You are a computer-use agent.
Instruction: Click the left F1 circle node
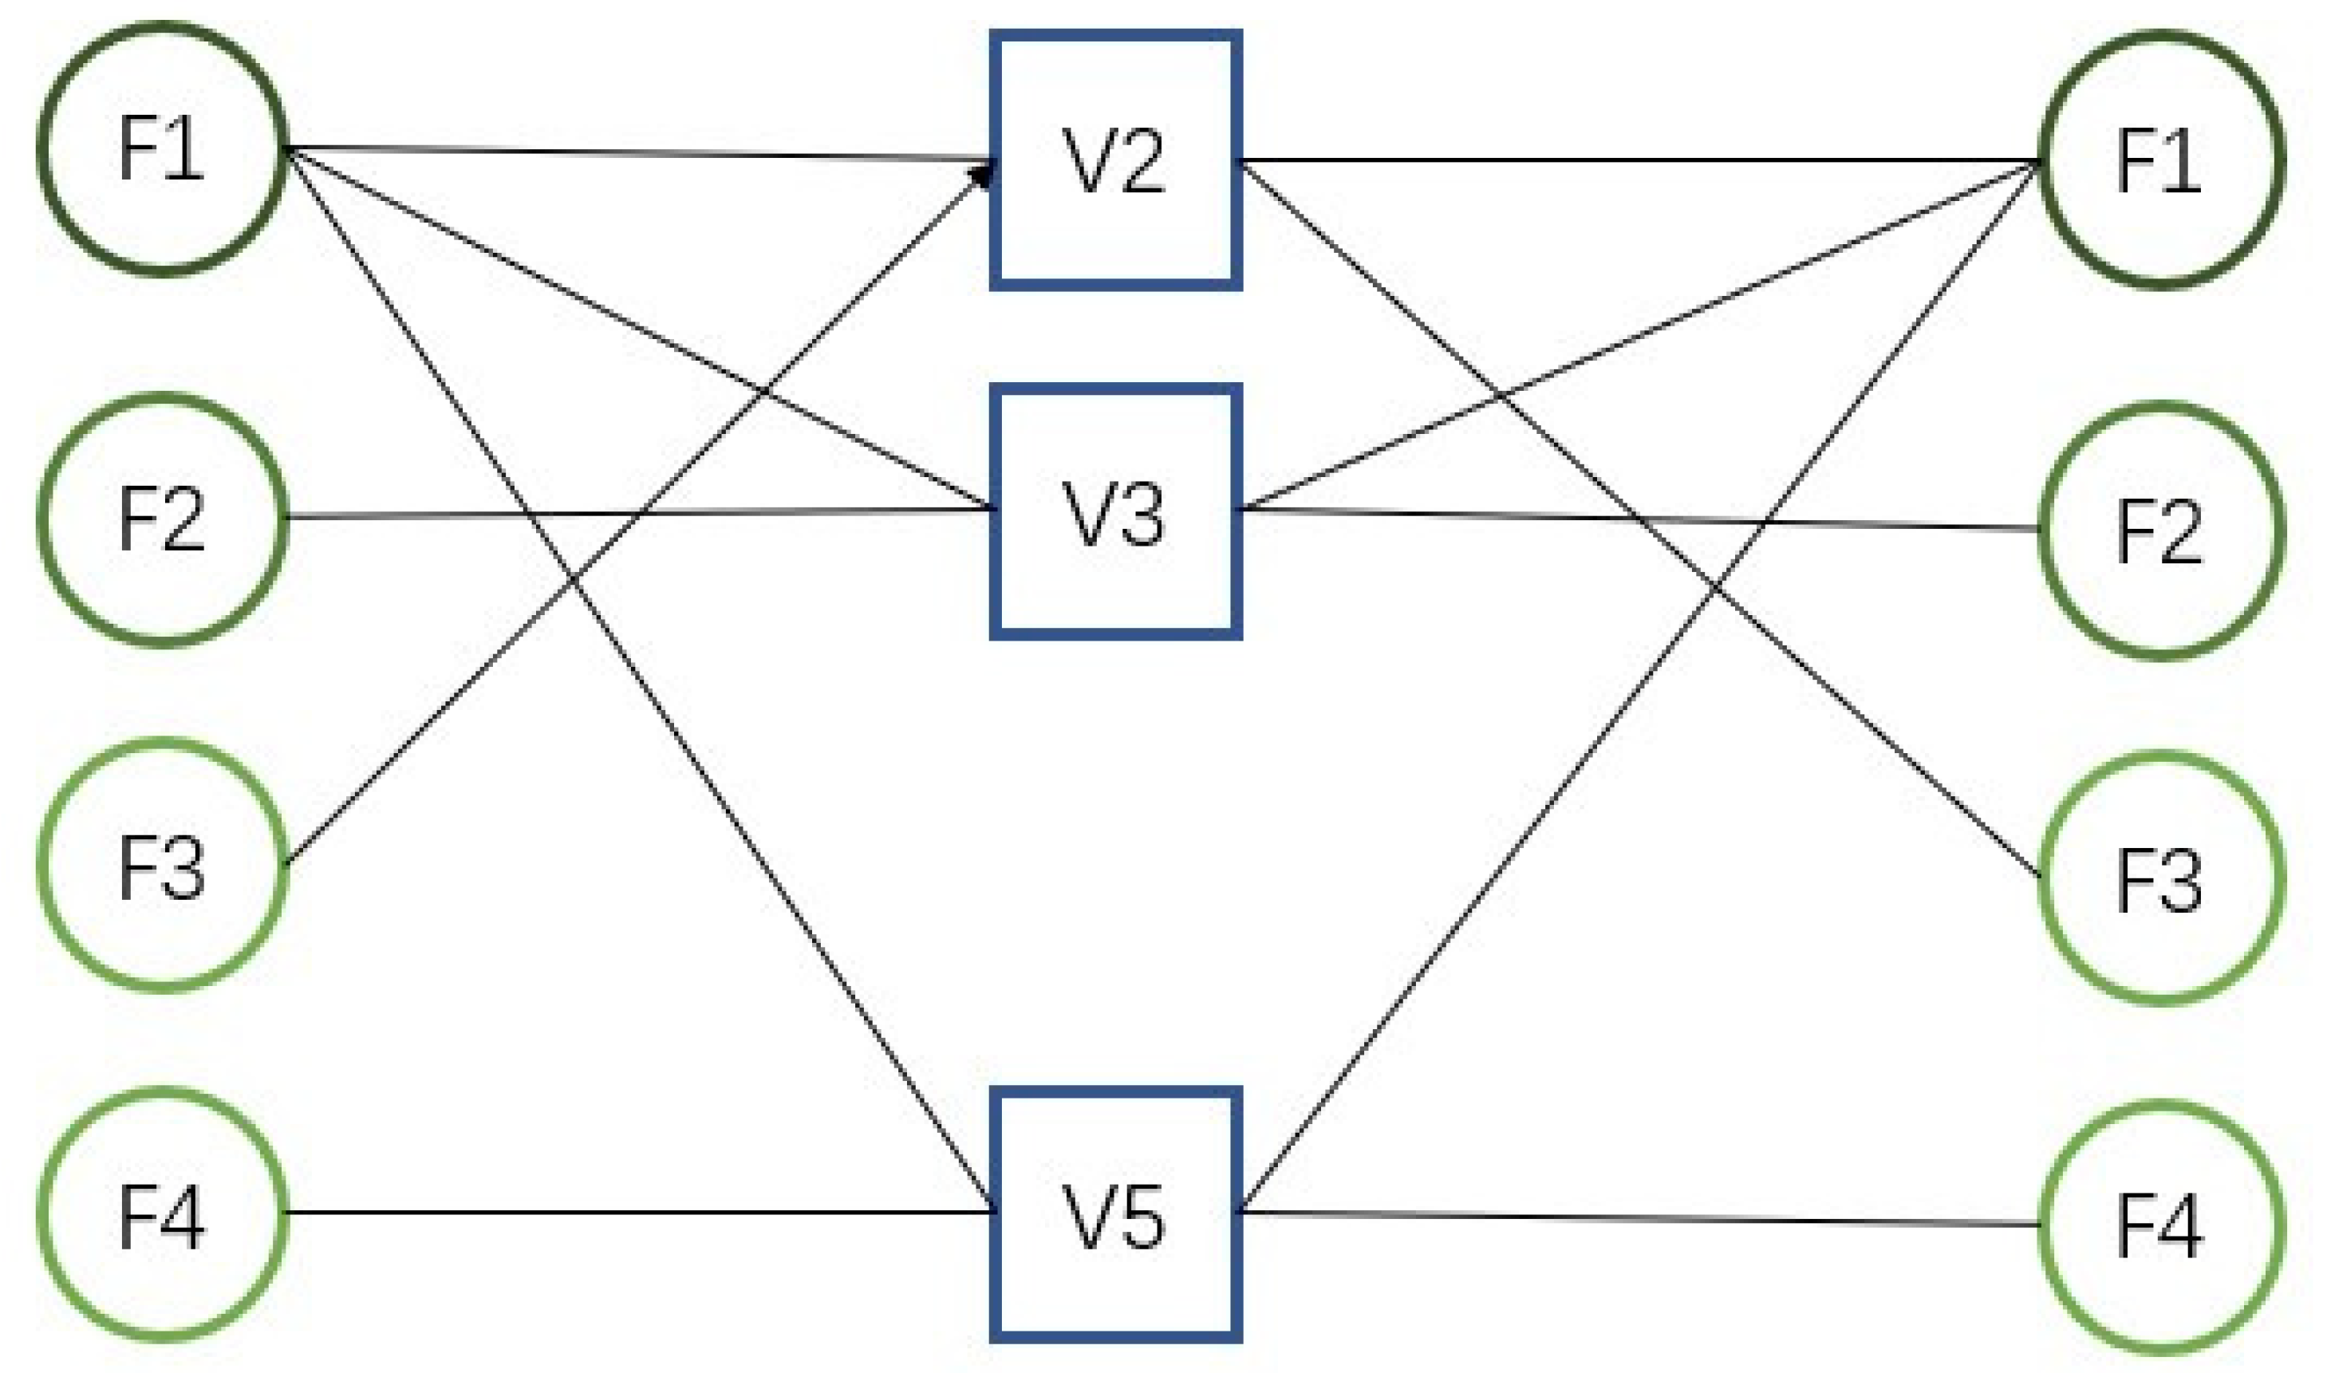(x=162, y=149)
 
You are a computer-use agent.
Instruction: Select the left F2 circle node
(x=162, y=520)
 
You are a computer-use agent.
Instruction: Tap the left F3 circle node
(x=162, y=866)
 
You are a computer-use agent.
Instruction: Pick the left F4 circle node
(x=162, y=1215)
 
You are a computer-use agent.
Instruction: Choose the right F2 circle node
(x=2161, y=531)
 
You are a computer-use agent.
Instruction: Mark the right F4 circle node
(x=2161, y=1227)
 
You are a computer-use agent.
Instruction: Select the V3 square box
(x=1115, y=511)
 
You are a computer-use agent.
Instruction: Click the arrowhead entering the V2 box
(x=982, y=174)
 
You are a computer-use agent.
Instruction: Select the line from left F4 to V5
(x=638, y=1212)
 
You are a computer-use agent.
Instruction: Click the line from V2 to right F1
(x=1637, y=160)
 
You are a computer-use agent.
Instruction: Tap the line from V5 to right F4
(x=1637, y=1218)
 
